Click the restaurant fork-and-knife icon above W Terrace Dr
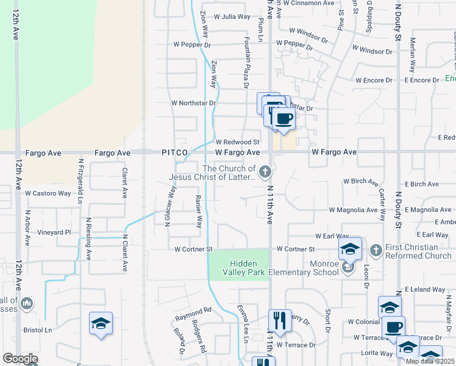point(280,320)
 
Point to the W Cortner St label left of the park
point(193,249)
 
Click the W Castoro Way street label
point(48,193)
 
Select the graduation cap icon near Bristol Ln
point(101,323)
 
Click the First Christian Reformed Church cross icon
point(376,249)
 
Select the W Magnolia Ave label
point(353,210)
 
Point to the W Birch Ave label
point(361,182)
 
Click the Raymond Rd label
point(193,310)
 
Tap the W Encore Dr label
point(376,81)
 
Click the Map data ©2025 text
point(430,361)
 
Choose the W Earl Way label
point(332,236)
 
